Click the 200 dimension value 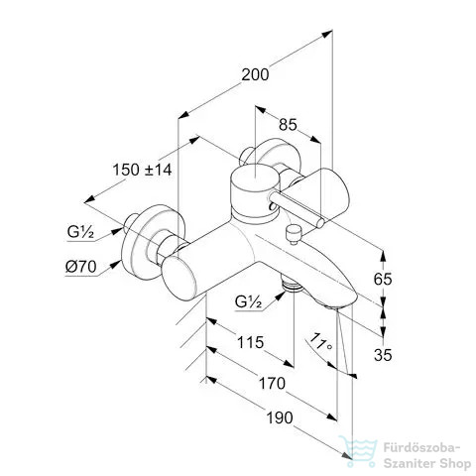(255, 74)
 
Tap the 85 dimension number (288, 125)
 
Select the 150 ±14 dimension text (142, 170)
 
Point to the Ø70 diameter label (81, 267)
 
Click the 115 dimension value (251, 342)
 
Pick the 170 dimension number (272, 384)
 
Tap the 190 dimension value (280, 417)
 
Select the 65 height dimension (383, 279)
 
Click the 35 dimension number (383, 355)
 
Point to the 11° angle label (320, 342)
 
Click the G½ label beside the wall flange (80, 232)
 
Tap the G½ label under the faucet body (248, 301)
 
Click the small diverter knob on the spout (293, 233)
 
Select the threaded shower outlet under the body (292, 285)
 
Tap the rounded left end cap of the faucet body (178, 278)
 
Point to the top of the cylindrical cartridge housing (255, 178)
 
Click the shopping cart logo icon (358, 451)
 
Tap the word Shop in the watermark (452, 463)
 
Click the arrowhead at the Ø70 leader (116, 265)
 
